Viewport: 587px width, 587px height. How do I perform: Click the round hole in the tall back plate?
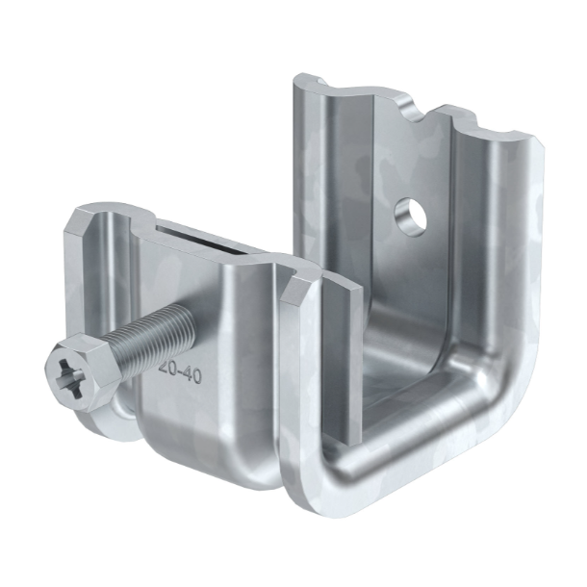[411, 216]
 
